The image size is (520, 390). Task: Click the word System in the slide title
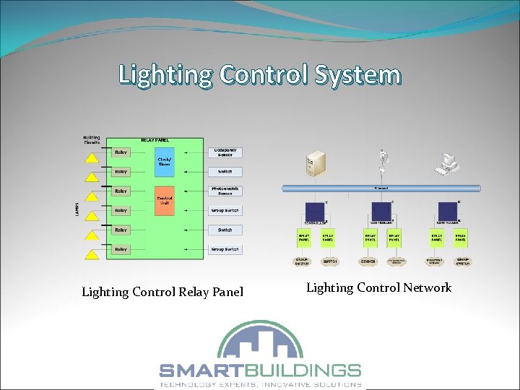(358, 74)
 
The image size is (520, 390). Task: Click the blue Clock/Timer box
(164, 162)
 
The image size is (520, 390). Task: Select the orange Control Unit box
(164, 200)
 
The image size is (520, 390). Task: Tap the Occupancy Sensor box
(225, 152)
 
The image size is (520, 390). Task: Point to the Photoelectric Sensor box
(225, 191)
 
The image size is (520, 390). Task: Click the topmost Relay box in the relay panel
(121, 152)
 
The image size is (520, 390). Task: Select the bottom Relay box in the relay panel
(121, 249)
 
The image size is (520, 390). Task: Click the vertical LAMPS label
(77, 209)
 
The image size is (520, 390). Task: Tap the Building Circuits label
(92, 139)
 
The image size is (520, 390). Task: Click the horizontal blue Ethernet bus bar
(381, 188)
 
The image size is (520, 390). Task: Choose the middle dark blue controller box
(381, 211)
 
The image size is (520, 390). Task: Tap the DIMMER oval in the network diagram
(368, 261)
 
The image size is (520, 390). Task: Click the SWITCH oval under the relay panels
(329, 261)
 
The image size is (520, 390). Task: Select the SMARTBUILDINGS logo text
(260, 370)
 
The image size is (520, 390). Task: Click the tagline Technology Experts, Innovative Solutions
(260, 384)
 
